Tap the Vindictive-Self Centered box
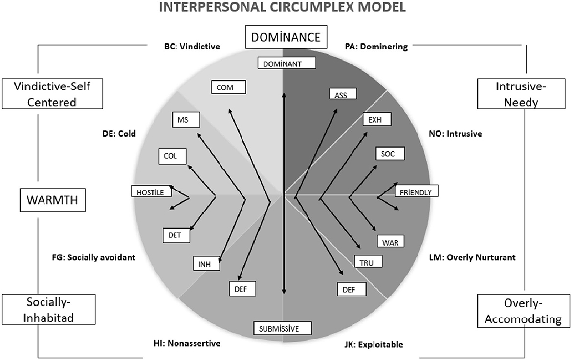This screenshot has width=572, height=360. tap(52, 94)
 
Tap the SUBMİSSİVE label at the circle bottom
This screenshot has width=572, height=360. tap(283, 327)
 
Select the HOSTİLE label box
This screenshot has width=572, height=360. tap(152, 191)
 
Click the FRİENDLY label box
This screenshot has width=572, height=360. tap(417, 191)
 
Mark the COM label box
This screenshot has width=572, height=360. tap(228, 87)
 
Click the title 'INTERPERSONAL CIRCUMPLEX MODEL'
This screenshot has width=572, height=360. tap(286, 8)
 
